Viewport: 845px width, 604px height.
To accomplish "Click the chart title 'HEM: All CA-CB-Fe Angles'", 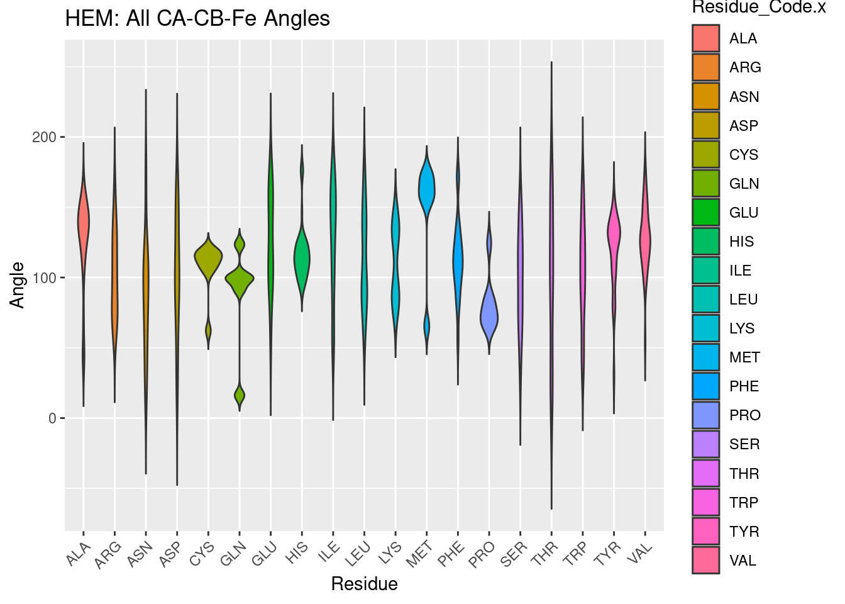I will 197,19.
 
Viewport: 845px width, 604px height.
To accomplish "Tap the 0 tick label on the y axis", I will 52,418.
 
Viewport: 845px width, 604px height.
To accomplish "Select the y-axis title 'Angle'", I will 18,285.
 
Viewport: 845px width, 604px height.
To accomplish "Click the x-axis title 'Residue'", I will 364,584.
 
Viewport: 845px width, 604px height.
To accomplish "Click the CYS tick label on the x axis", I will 202,554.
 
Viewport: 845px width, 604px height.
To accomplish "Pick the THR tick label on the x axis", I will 544,554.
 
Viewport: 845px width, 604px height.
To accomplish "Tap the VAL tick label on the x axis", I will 640,554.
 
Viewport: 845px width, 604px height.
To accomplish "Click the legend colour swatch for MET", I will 705,357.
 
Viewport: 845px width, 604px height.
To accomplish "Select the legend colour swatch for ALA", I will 705,38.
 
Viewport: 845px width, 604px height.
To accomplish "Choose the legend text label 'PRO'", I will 744,415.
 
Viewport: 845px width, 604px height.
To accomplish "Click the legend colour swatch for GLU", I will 705,213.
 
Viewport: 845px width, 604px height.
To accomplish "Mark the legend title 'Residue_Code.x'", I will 758,8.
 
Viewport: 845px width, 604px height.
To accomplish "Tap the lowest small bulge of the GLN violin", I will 240,396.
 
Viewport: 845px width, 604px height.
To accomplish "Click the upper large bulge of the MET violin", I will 427,189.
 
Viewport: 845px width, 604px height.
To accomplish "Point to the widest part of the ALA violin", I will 84,221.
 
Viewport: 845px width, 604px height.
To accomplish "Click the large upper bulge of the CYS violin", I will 208,257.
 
